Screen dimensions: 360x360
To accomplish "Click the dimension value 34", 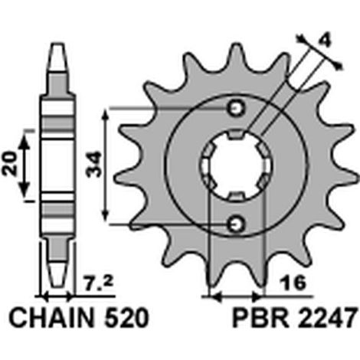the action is (x=94, y=165).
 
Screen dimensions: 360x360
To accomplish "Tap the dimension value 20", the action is (x=10, y=164).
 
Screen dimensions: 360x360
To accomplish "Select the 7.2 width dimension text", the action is (x=98, y=283).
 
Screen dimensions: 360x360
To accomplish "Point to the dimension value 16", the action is (x=293, y=283).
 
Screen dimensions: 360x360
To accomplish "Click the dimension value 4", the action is (x=324, y=41).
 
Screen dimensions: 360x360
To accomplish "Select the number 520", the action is (x=127, y=318).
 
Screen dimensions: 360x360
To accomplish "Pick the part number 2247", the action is (x=327, y=318).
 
